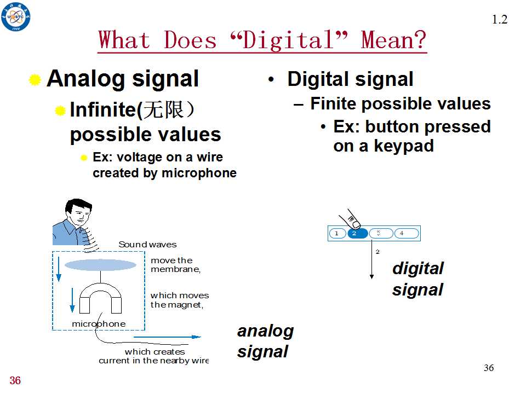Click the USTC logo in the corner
tap(15, 17)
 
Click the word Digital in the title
tap(288, 40)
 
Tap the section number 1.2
tap(500, 20)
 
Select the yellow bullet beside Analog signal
tap(35, 80)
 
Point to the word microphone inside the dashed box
tap(99, 323)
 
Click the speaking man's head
tap(78, 212)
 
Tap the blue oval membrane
tap(100, 265)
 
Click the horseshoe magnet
tap(100, 298)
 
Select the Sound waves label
tap(147, 244)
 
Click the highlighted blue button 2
tap(358, 233)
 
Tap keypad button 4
tap(407, 233)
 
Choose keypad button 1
tap(337, 233)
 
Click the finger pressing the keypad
tap(350, 219)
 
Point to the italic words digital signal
tap(418, 279)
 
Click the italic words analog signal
tap(265, 341)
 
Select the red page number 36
tap(15, 381)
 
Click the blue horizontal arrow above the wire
tap(167, 337)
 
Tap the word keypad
tap(404, 146)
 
